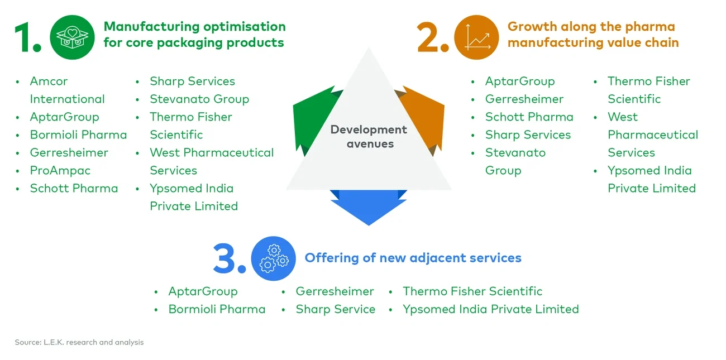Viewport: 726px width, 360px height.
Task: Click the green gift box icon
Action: click(x=72, y=37)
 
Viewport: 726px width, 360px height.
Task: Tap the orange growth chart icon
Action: click(x=476, y=37)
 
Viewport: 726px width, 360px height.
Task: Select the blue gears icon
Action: click(x=273, y=258)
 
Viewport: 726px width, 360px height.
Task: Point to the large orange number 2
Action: click(x=432, y=38)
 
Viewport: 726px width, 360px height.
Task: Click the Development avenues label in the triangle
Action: click(x=369, y=136)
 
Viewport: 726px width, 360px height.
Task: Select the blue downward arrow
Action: click(x=369, y=207)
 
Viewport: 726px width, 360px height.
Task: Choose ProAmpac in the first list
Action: click(x=60, y=170)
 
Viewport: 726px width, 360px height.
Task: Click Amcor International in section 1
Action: click(x=67, y=90)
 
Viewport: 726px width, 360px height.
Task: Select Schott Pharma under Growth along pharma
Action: click(x=529, y=117)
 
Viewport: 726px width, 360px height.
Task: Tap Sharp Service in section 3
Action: click(x=335, y=309)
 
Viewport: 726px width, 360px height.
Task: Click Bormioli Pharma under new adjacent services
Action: click(x=217, y=309)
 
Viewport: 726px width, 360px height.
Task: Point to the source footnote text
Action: click(x=79, y=342)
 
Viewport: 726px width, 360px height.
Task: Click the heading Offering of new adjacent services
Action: click(x=413, y=258)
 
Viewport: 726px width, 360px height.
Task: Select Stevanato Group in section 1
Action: click(x=199, y=99)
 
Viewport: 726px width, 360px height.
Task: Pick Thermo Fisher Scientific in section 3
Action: click(x=472, y=291)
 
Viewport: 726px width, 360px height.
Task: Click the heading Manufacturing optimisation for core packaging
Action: click(x=194, y=35)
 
